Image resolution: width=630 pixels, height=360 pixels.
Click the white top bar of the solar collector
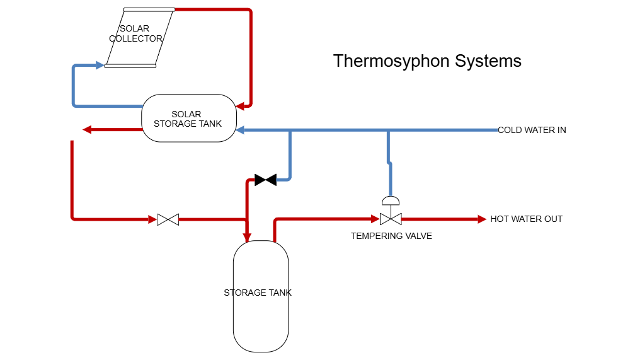point(149,9)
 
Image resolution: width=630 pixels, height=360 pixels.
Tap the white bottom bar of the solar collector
point(130,66)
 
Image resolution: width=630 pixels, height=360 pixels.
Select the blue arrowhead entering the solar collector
point(100,65)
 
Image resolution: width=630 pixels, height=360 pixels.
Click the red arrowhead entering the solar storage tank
point(240,107)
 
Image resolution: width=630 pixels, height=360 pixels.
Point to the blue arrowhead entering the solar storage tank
point(240,131)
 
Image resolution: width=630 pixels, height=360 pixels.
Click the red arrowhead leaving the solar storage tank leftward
point(88,130)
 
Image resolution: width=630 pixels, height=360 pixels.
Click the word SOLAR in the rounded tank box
point(186,114)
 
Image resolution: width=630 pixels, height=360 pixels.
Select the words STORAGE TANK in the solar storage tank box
point(188,124)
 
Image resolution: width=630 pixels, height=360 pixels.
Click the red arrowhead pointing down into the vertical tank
point(248,236)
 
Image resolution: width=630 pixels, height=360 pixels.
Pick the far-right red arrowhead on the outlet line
point(482,219)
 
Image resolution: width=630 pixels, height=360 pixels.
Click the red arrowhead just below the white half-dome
point(375,219)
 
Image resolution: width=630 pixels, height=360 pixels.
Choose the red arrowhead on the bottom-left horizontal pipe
point(152,219)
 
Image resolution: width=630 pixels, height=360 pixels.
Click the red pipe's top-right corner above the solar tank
point(250,11)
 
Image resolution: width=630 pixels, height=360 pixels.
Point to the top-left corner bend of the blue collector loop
point(74,66)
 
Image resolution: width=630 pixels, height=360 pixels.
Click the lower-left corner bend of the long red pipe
point(73,218)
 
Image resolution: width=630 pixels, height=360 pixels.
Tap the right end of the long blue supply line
point(496,130)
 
